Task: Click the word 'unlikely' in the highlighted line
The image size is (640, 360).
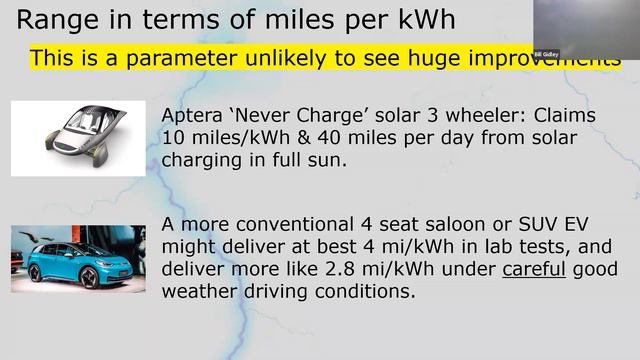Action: click(x=274, y=57)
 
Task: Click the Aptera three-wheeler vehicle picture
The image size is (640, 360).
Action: click(x=77, y=138)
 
